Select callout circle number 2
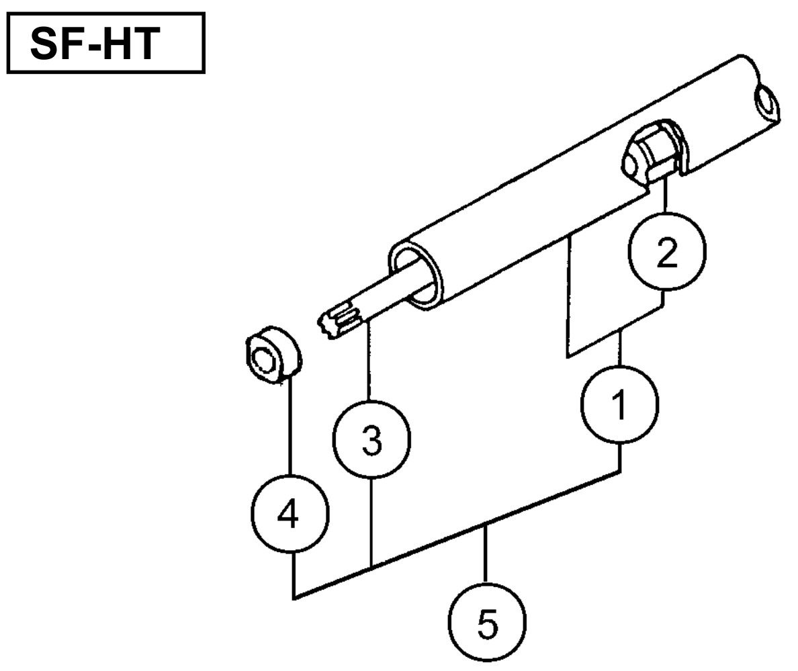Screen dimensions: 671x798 [666, 253]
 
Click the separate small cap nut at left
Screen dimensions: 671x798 [271, 353]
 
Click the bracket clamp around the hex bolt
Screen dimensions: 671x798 [679, 152]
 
